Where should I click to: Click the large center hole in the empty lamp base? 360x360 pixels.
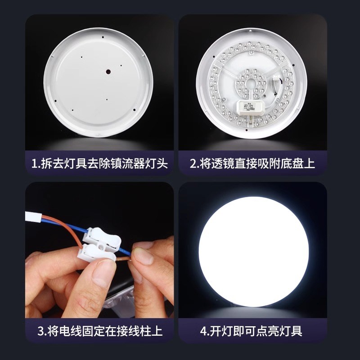[108, 71]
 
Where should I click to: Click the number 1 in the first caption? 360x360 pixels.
[35, 163]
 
